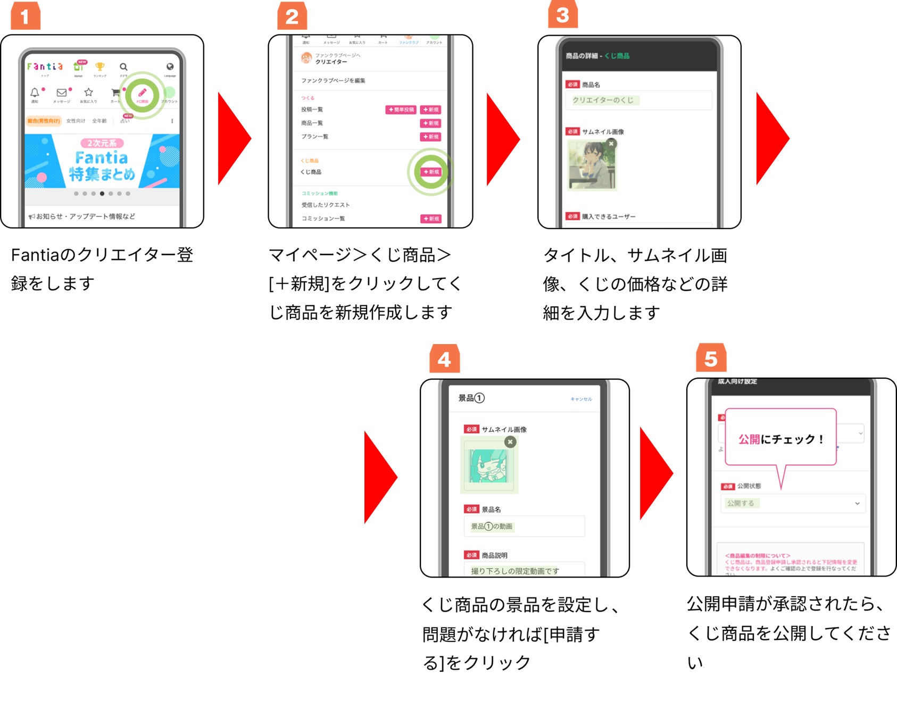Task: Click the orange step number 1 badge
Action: click(x=25, y=16)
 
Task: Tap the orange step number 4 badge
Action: click(x=444, y=359)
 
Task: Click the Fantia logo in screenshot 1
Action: click(x=45, y=66)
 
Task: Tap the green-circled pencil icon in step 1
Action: click(x=142, y=94)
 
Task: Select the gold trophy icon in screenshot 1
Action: click(x=99, y=66)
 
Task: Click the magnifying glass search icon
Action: click(x=123, y=67)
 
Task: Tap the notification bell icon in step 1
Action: click(x=35, y=93)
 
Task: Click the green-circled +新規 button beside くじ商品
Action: click(x=431, y=172)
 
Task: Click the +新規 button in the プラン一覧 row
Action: click(x=431, y=137)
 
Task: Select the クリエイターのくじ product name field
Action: click(x=638, y=100)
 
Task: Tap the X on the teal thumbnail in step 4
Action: click(x=510, y=441)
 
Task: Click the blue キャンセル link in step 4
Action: click(x=581, y=399)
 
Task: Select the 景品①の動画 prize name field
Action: click(x=524, y=526)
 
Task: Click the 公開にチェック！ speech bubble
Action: click(x=780, y=439)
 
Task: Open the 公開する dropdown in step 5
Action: click(x=793, y=503)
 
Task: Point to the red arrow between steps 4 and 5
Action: click(x=655, y=473)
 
